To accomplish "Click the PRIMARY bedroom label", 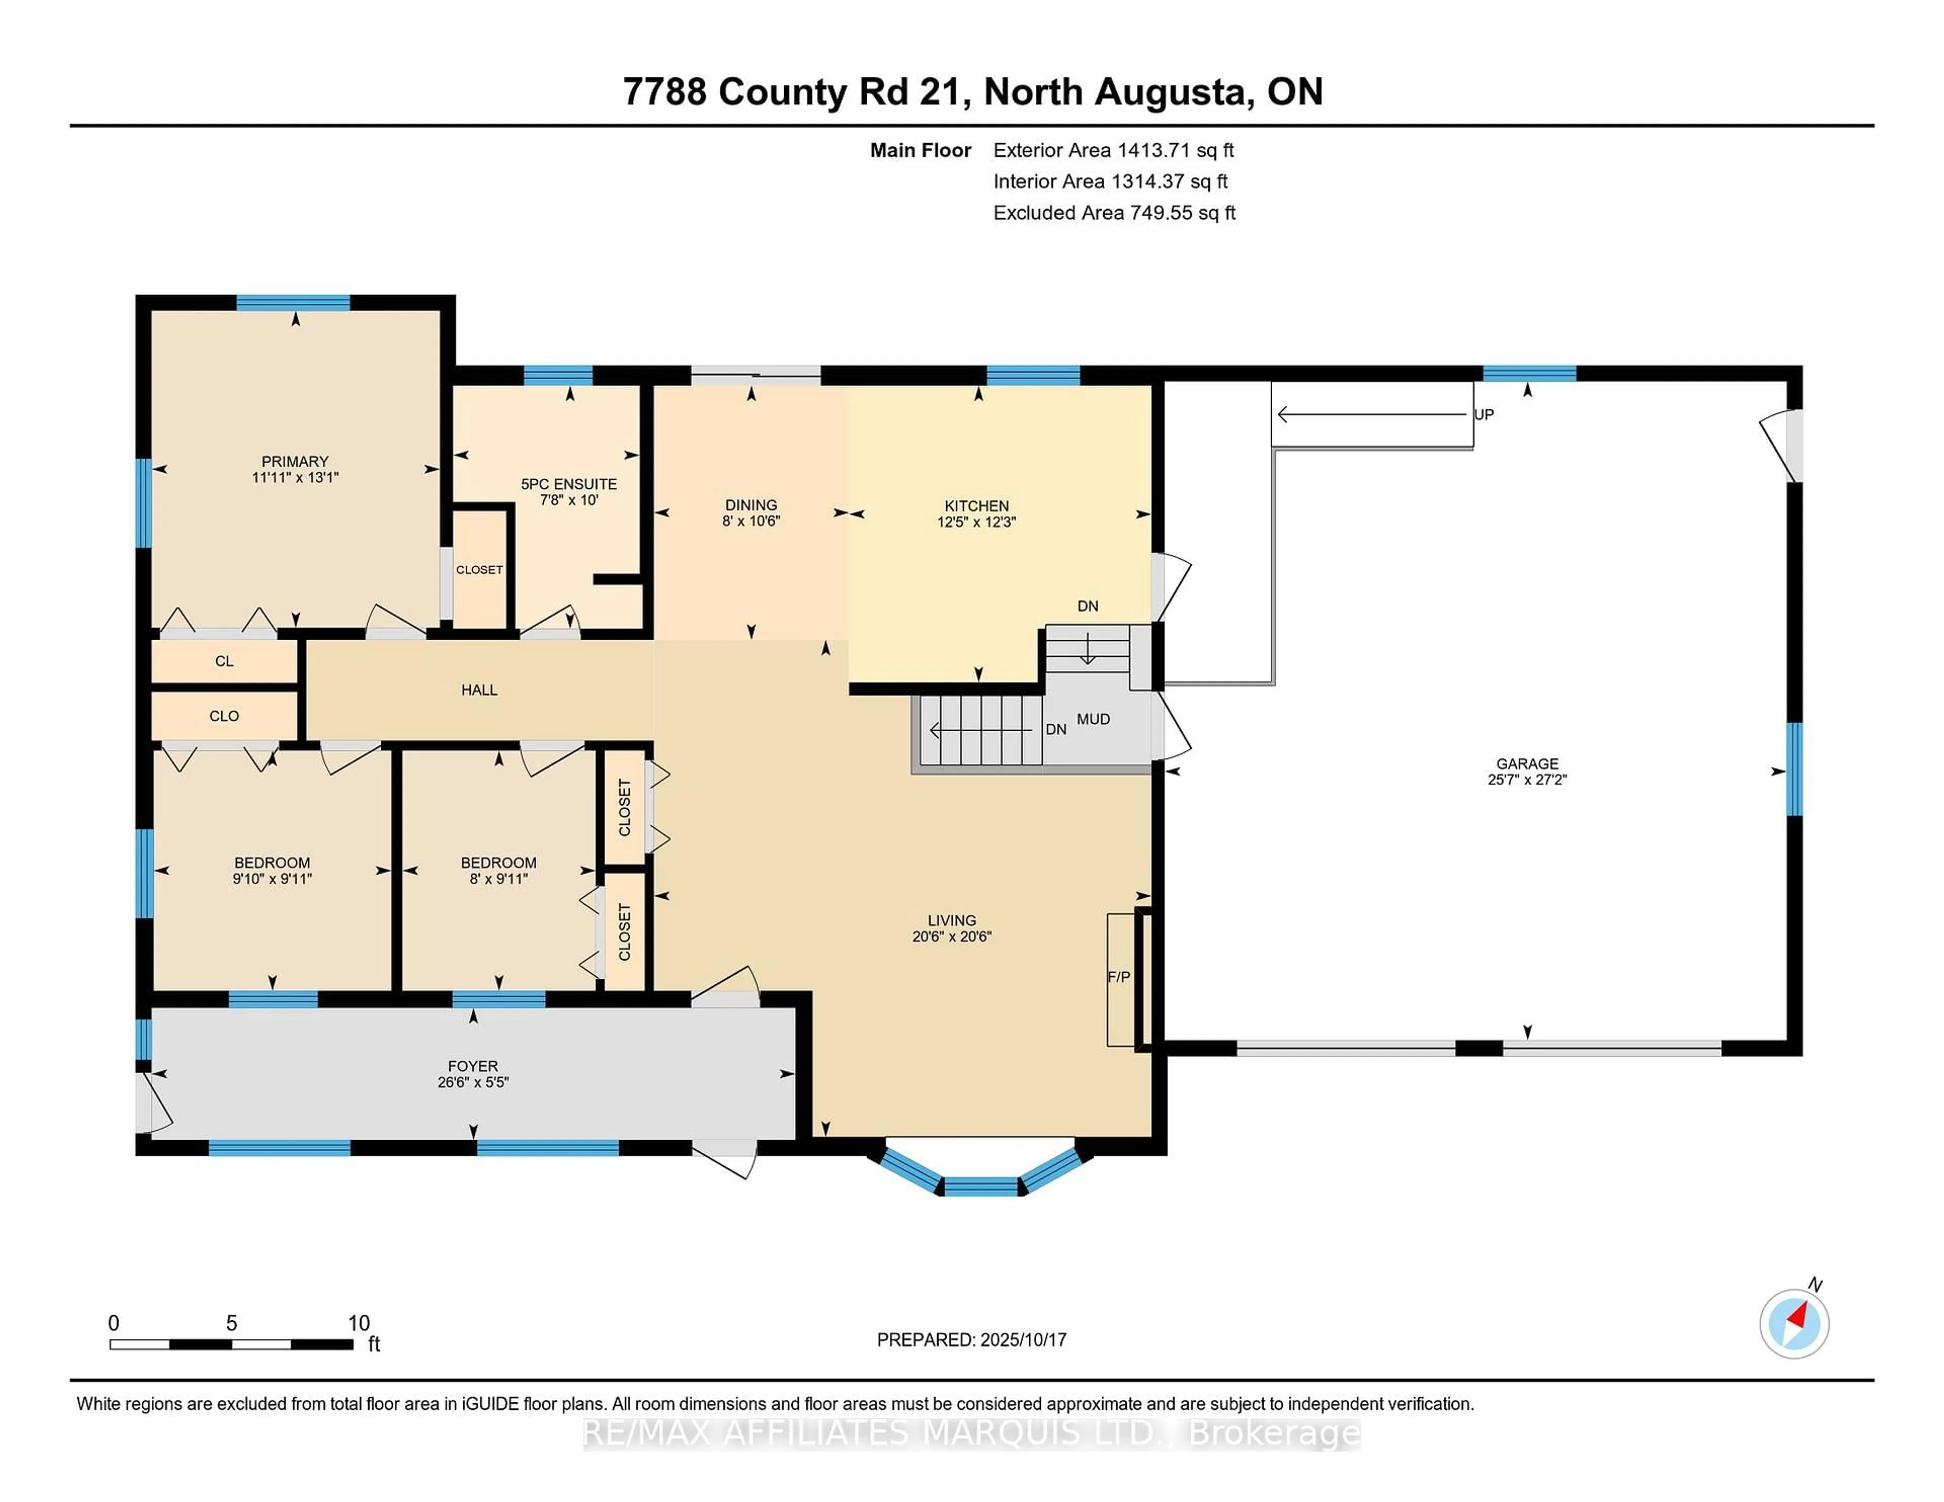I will [x=295, y=461].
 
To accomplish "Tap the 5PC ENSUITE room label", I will [x=569, y=484].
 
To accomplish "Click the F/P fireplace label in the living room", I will [x=1119, y=977].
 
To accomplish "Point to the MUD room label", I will [x=1093, y=719].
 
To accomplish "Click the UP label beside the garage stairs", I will [x=1484, y=414].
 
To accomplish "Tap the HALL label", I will [x=479, y=690].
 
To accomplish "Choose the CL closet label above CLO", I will [x=224, y=661].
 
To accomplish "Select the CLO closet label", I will [x=224, y=716].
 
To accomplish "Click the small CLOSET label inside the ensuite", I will [x=479, y=569].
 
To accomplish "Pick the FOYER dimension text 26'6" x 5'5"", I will [x=473, y=1083].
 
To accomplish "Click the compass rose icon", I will [x=1794, y=1324].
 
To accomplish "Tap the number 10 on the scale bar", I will [x=359, y=1323].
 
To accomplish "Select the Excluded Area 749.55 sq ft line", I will [x=1114, y=213].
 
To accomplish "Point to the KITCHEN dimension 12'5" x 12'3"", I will [x=977, y=522].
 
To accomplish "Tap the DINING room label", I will [x=750, y=505].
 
